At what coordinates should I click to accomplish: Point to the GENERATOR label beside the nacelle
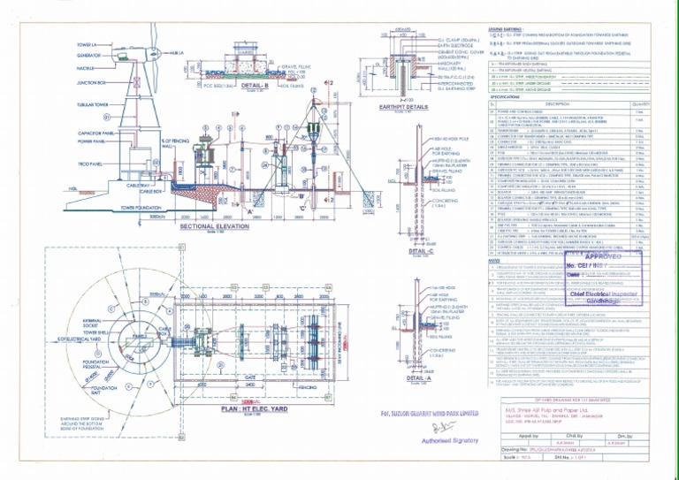tap(89, 55)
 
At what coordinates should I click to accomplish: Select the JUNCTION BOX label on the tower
tap(90, 83)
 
